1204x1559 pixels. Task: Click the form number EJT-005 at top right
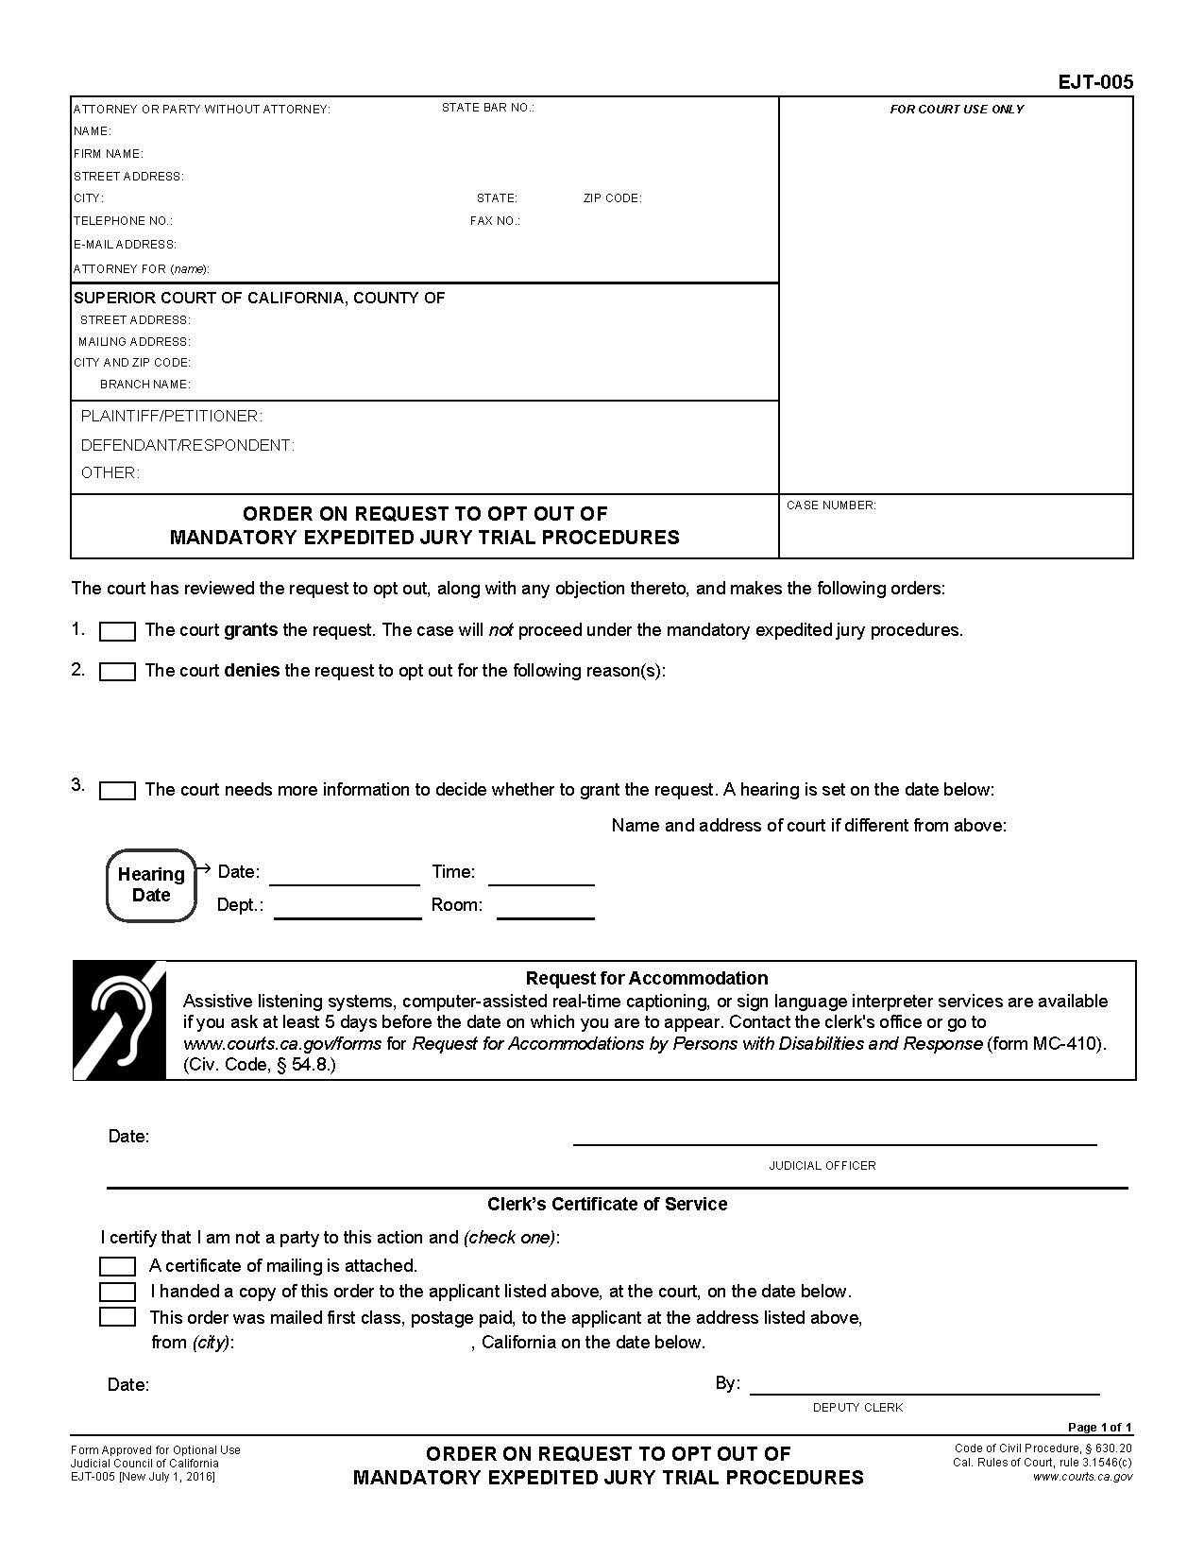coord(1094,82)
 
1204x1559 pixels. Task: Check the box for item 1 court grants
coord(117,631)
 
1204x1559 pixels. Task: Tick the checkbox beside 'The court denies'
coord(117,672)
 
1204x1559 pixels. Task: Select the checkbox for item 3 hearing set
coord(117,791)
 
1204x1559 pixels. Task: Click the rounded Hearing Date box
coord(151,885)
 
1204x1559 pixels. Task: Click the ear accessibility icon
coord(120,1020)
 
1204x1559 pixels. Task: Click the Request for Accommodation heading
coord(646,978)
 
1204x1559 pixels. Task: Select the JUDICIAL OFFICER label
coord(822,1165)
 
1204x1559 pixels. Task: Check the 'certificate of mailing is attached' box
coord(117,1266)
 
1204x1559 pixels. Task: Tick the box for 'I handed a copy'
coord(117,1292)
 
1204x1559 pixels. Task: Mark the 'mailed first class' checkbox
coord(117,1317)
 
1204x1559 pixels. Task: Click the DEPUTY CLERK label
coord(857,1407)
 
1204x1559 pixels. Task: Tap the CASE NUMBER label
coord(831,505)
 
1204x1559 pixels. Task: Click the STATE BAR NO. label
coord(487,108)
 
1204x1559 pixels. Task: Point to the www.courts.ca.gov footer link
coord(1082,1477)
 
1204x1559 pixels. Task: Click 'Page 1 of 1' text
coord(1099,1427)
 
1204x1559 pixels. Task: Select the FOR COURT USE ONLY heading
coord(956,110)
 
